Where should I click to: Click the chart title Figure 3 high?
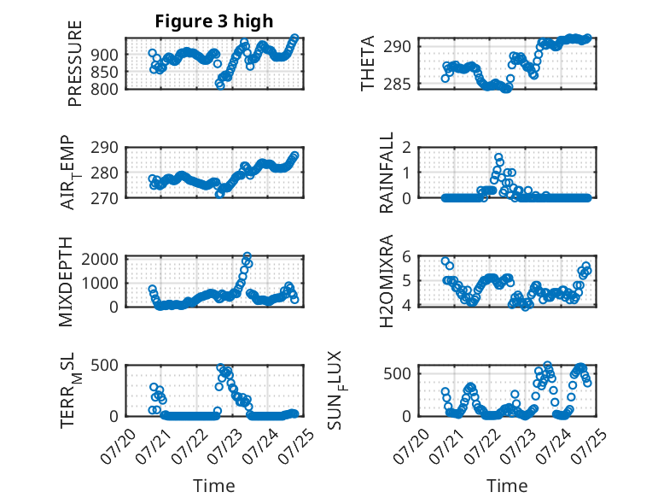click(x=214, y=21)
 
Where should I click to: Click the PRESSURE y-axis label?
click(x=74, y=63)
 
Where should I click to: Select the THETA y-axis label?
click(x=368, y=63)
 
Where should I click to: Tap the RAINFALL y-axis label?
click(x=387, y=173)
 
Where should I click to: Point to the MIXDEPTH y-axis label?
click(x=66, y=282)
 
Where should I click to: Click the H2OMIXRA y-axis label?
click(x=387, y=281)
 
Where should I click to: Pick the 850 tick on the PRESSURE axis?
click(x=105, y=72)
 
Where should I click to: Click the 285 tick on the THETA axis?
click(x=397, y=85)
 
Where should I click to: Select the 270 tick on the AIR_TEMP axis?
click(x=105, y=198)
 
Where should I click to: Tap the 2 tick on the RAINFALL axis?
click(x=407, y=148)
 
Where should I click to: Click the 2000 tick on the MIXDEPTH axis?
click(x=100, y=259)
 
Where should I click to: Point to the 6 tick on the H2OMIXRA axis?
click(x=407, y=256)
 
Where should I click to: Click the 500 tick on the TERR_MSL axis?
click(x=105, y=365)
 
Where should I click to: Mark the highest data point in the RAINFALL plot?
click(x=498, y=157)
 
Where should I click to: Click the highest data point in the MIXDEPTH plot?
click(x=248, y=256)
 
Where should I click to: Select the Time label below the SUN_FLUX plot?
click(x=507, y=486)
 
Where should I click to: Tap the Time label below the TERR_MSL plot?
click(x=214, y=486)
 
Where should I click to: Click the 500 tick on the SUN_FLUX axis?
click(x=397, y=374)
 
